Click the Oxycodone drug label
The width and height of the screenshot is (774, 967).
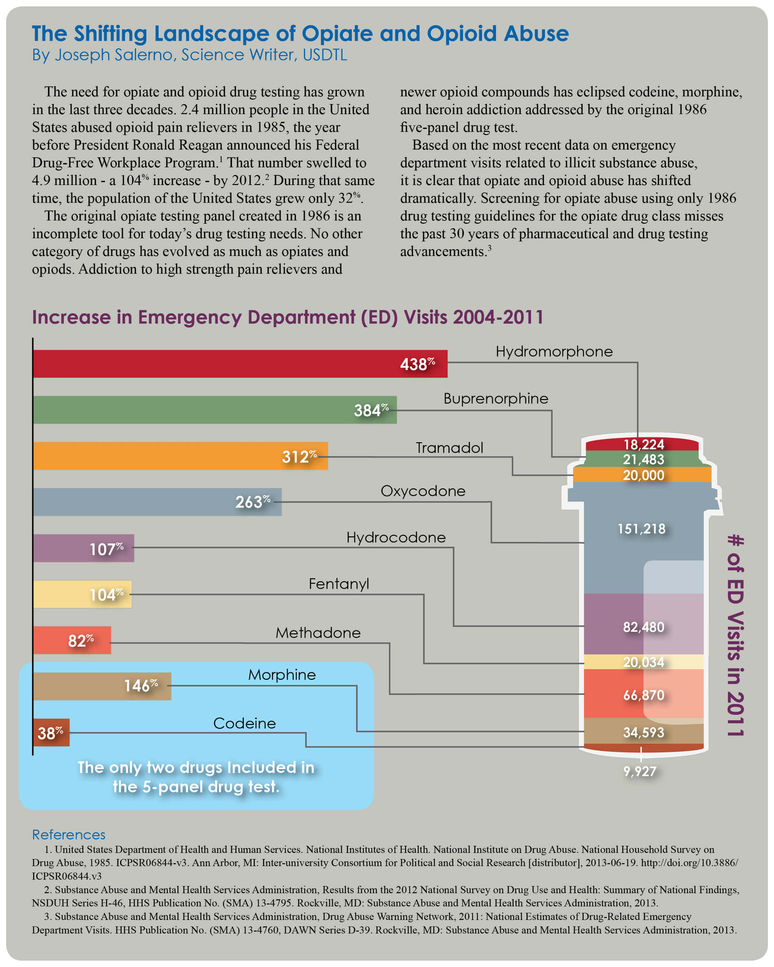(423, 491)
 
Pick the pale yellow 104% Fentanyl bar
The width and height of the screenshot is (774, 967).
(67, 594)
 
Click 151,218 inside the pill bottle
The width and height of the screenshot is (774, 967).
(642, 529)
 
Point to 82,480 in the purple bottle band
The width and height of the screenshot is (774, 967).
(643, 627)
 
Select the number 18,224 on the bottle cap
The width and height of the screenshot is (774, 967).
(643, 444)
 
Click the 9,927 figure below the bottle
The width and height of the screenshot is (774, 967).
(640, 771)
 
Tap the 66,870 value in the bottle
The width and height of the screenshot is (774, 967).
(643, 695)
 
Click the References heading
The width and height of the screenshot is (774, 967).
(69, 835)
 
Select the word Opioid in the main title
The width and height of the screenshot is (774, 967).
(461, 34)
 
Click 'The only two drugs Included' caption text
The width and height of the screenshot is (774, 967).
(196, 767)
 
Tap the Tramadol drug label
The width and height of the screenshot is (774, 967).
(449, 448)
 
